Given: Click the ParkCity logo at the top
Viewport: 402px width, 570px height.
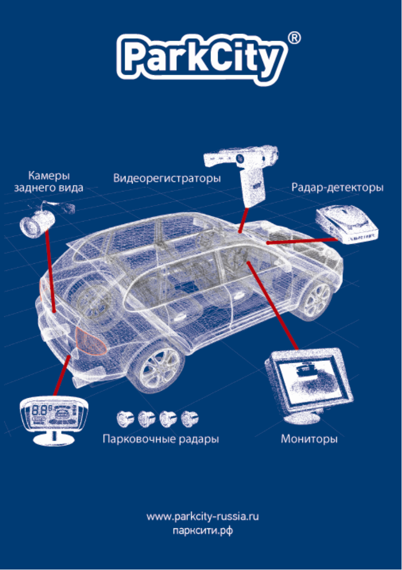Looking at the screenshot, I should click(201, 58).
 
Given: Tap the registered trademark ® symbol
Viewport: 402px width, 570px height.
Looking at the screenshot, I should click(295, 38).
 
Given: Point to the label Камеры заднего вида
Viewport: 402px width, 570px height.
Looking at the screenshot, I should click(48, 181).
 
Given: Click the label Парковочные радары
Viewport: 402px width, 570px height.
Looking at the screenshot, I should click(161, 439).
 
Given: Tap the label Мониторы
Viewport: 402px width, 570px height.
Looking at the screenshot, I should click(309, 439).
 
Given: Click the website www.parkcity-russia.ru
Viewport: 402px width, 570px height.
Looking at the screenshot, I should click(202, 517).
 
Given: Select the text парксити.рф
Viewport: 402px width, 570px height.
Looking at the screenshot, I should click(202, 531).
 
